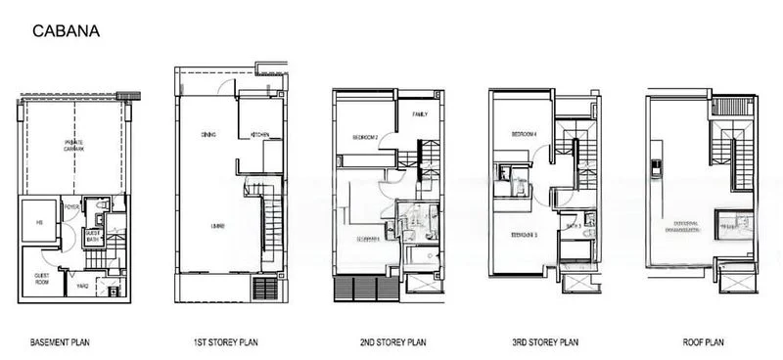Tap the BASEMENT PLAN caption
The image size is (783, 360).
pyautogui.click(x=63, y=344)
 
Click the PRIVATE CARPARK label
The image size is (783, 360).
pyautogui.click(x=73, y=146)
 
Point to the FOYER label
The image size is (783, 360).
pyautogui.click(x=71, y=207)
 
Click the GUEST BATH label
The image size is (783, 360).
pyautogui.click(x=92, y=235)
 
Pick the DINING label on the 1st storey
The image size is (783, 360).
pyautogui.click(x=208, y=134)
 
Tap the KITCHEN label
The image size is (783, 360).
pyautogui.click(x=259, y=134)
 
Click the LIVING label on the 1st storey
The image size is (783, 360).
pyautogui.click(x=217, y=226)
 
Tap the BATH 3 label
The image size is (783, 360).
pyautogui.click(x=575, y=226)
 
